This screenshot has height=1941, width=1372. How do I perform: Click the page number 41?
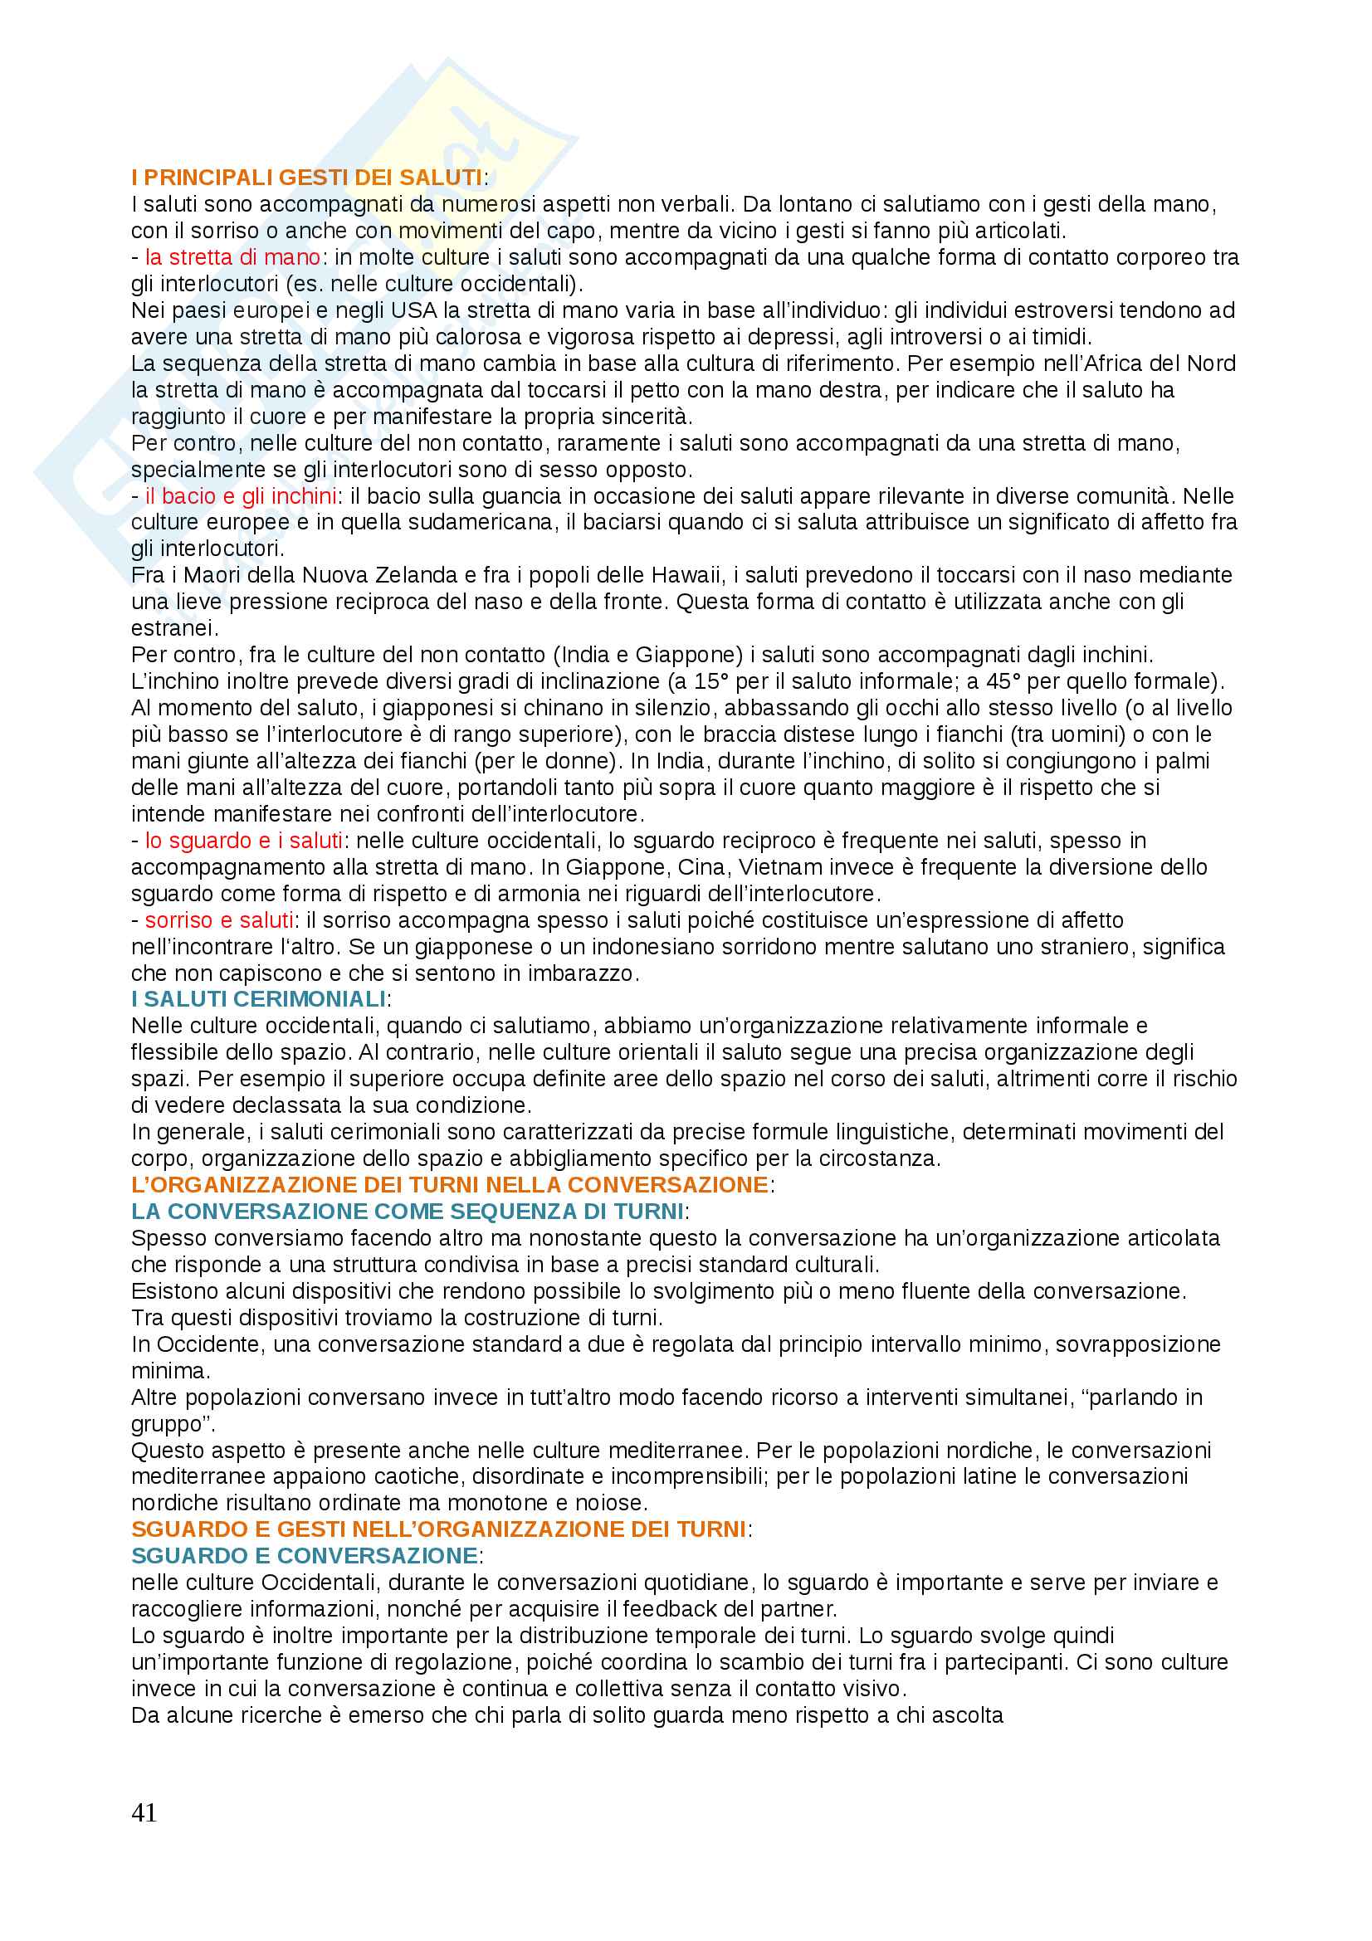[144, 1812]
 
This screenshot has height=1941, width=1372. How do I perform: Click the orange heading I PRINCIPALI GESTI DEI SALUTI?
[307, 178]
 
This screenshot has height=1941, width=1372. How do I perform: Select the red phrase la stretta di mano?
[232, 257]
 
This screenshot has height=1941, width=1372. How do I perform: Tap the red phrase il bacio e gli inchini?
[241, 495]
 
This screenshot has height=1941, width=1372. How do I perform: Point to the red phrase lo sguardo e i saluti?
[243, 841]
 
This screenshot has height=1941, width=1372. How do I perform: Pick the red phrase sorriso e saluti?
[219, 919]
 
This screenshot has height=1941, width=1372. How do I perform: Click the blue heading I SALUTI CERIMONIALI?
[259, 999]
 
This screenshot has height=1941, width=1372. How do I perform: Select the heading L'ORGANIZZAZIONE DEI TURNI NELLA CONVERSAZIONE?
[450, 1184]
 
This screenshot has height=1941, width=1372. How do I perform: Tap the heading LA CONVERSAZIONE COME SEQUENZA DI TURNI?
[408, 1212]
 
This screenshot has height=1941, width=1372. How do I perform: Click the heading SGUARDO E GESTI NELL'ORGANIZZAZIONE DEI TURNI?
[439, 1529]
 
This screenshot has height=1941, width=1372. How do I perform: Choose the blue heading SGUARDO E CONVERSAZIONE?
[305, 1555]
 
